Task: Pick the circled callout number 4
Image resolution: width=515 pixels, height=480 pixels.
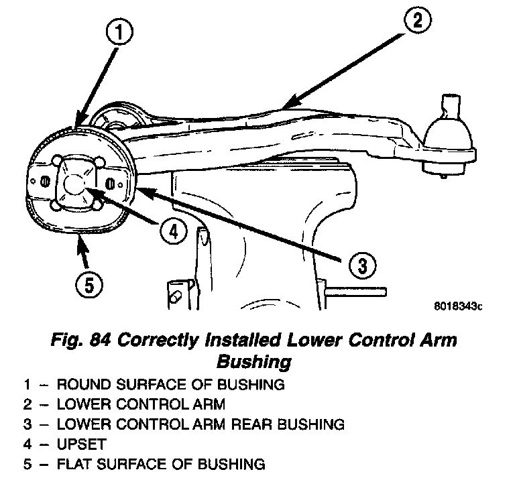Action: pyautogui.click(x=172, y=231)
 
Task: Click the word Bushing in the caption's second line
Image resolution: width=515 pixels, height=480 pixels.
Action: pyautogui.click(x=254, y=362)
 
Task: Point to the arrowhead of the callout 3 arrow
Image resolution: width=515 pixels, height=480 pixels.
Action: pyautogui.click(x=141, y=191)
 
